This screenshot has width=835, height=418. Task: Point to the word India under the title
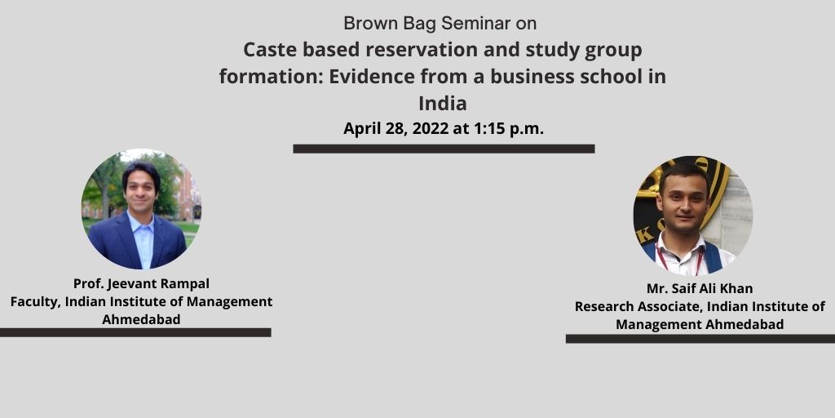(x=443, y=103)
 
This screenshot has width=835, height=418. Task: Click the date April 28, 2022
(x=395, y=128)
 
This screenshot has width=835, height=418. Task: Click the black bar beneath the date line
(x=444, y=149)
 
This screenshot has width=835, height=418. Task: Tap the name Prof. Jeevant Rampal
(x=141, y=283)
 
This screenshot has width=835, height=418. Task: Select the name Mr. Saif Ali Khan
(x=700, y=288)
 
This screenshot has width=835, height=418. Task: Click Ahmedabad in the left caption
(x=141, y=319)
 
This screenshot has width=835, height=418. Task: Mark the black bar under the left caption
(x=135, y=332)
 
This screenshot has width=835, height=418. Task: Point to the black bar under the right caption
(x=700, y=339)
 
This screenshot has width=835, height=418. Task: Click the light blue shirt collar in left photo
(x=141, y=223)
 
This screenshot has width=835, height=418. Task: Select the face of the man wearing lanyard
(x=683, y=203)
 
